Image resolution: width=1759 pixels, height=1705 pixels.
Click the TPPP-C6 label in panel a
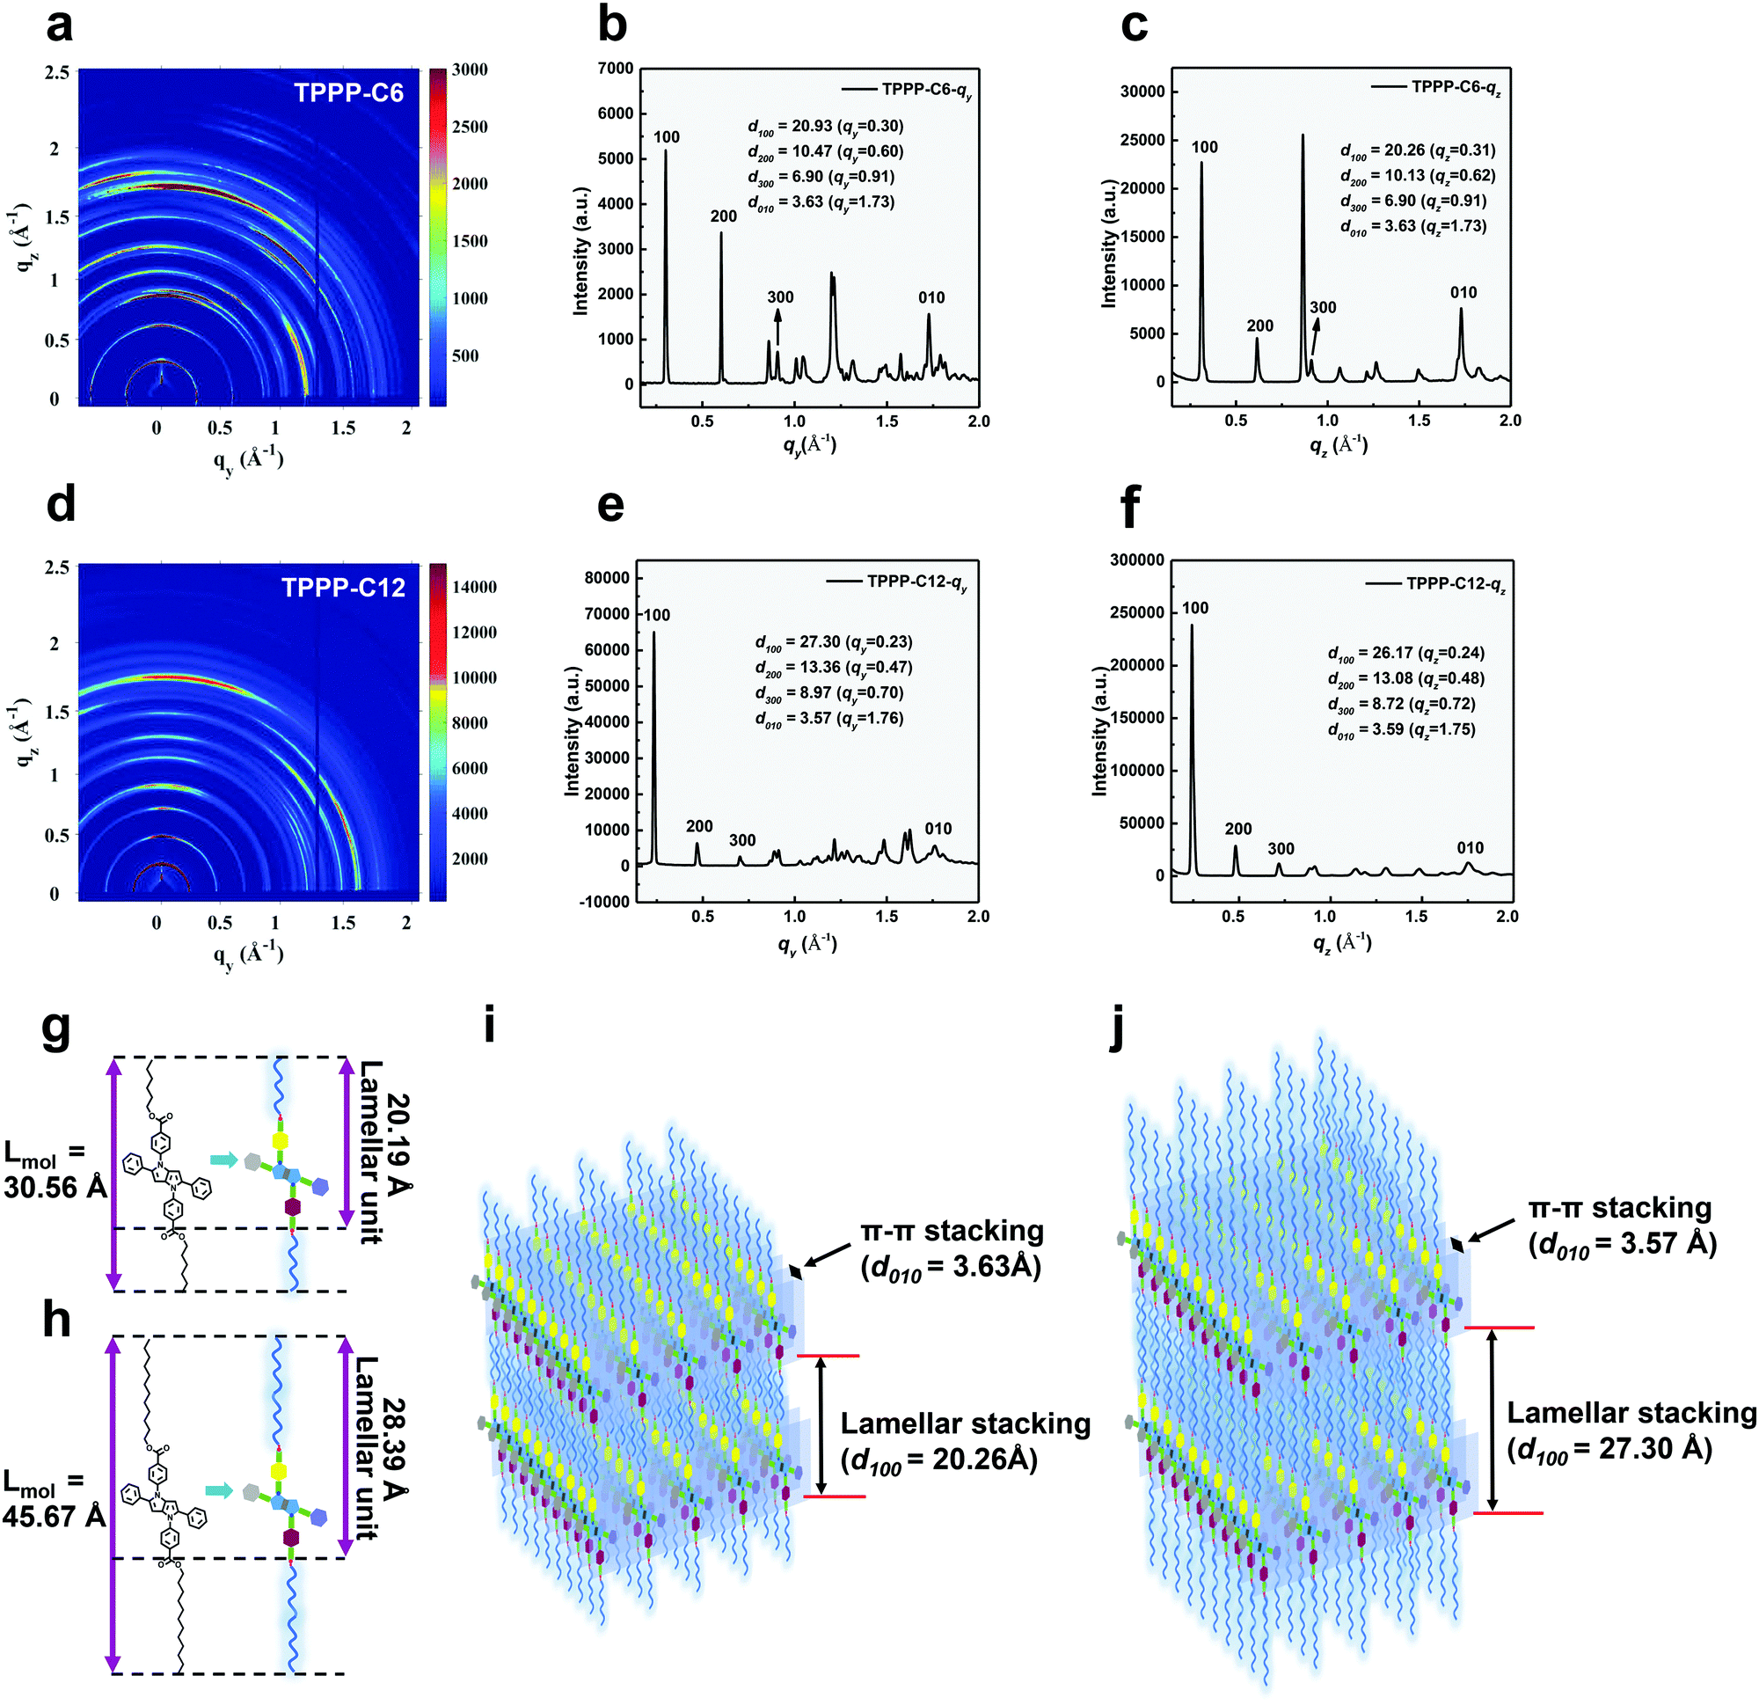[x=348, y=92]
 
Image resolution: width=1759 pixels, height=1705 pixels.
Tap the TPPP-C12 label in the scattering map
[x=343, y=587]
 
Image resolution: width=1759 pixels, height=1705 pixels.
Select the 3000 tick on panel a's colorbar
[x=470, y=70]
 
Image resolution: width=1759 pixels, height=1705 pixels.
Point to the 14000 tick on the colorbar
[x=474, y=587]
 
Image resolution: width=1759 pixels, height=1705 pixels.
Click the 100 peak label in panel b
[x=666, y=137]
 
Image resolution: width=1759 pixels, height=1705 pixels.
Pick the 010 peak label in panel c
[x=1463, y=293]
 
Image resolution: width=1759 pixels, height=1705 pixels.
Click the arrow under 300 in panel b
[x=777, y=326]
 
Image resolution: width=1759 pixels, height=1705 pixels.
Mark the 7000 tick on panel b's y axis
[x=615, y=69]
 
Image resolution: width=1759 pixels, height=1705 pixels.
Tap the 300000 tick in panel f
[x=1137, y=560]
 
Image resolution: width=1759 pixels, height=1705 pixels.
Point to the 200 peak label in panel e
[x=699, y=826]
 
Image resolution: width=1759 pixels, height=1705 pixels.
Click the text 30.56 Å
[x=55, y=1187]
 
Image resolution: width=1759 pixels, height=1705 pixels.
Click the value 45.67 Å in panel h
[x=55, y=1516]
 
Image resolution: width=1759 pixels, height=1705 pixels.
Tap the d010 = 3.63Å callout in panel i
[x=952, y=1267]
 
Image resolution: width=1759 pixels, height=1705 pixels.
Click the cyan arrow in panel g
[x=223, y=1160]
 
